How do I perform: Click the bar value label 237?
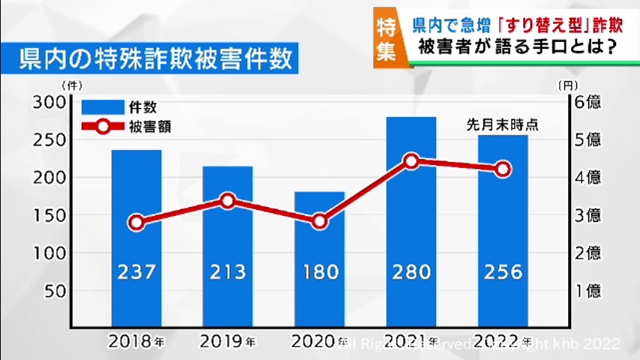[x=136, y=271]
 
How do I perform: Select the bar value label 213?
[x=228, y=271]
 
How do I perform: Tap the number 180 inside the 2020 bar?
[x=319, y=271]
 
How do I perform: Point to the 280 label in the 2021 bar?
[x=411, y=271]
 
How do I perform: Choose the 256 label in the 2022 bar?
[x=503, y=271]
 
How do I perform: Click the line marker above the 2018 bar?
[x=136, y=223]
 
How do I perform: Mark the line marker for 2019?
[x=228, y=200]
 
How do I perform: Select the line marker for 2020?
[x=319, y=221]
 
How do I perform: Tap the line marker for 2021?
[x=411, y=160]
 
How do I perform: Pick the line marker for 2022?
[x=503, y=169]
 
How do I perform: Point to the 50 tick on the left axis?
[x=55, y=291]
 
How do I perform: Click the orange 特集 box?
[x=387, y=37]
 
